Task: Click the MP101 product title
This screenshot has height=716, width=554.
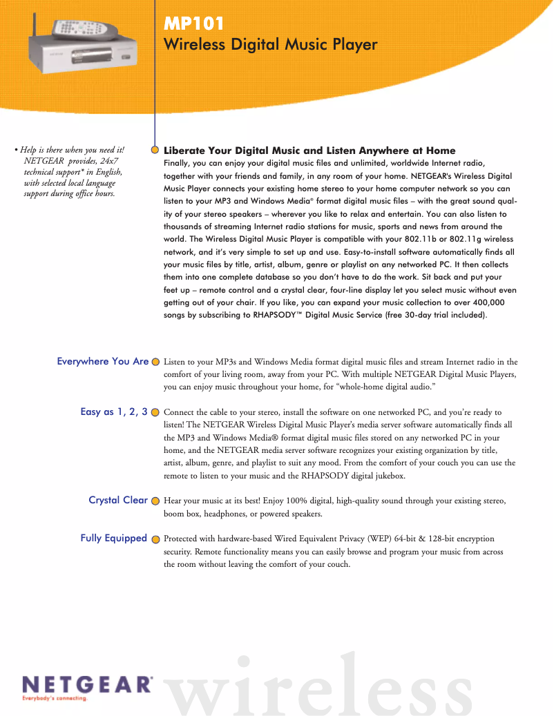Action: [x=194, y=23]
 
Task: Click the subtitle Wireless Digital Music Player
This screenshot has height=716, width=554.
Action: [x=270, y=45]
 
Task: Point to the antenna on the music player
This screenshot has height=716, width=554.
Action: [x=32, y=31]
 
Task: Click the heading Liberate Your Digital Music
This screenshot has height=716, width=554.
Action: [x=309, y=151]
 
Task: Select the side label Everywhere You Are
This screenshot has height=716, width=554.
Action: [x=103, y=361]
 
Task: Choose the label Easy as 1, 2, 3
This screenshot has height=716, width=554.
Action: [x=114, y=412]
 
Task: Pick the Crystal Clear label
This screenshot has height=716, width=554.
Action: [x=118, y=500]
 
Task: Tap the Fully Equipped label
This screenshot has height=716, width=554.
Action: [x=114, y=538]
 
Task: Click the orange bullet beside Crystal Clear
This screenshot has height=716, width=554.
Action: [x=155, y=501]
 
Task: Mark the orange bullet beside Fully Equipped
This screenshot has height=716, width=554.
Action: [x=155, y=539]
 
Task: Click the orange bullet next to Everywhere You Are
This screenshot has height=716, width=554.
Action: [x=155, y=362]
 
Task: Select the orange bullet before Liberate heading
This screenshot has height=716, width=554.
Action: [x=155, y=150]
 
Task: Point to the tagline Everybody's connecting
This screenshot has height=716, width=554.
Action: [x=55, y=699]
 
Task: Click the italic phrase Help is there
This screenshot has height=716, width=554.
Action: [x=48, y=150]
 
